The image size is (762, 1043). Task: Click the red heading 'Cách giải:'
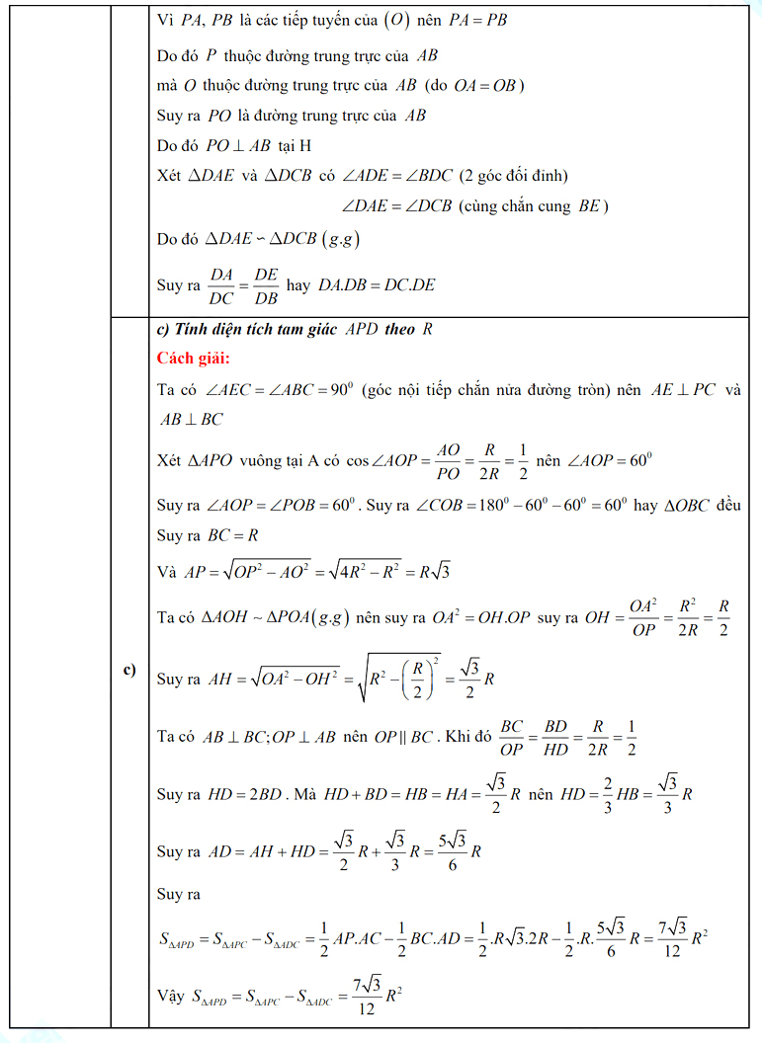[193, 358]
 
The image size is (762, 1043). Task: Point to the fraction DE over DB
[266, 285]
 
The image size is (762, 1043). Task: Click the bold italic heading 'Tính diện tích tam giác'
[257, 330]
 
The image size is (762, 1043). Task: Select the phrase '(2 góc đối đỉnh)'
[513, 175]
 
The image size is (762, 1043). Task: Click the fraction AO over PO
[448, 461]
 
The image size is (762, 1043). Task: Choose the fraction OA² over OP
[643, 617]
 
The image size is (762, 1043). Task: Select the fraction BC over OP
[511, 737]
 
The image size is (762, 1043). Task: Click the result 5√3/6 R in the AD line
[458, 851]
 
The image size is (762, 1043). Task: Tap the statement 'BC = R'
[233, 536]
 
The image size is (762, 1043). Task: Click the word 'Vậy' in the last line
[170, 998]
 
